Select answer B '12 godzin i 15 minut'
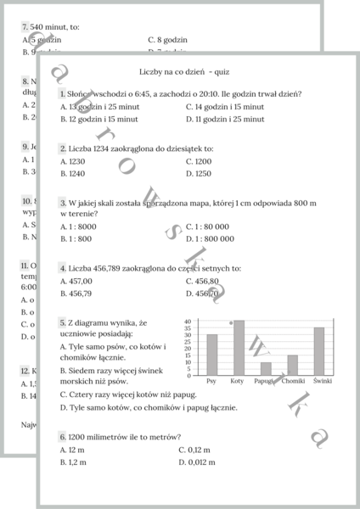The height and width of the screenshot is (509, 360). point(98,120)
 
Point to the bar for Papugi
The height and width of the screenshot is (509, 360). point(266,369)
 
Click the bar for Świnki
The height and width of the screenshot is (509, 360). point(319,351)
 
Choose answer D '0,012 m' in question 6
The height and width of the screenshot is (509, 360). point(198,462)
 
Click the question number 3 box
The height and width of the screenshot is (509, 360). point(63,203)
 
